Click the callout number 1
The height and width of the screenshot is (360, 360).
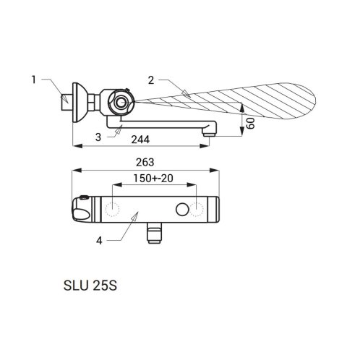point(34,80)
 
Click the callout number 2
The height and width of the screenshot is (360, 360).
point(151,80)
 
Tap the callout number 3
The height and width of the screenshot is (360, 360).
point(98,137)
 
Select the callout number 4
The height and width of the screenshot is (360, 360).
point(99,241)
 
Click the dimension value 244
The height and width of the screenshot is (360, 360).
point(140,140)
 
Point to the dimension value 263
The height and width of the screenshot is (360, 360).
point(145,163)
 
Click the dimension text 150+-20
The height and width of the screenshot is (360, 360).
point(153,179)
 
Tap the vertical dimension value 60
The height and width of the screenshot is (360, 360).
point(251,124)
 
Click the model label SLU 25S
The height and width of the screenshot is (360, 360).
point(90,286)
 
